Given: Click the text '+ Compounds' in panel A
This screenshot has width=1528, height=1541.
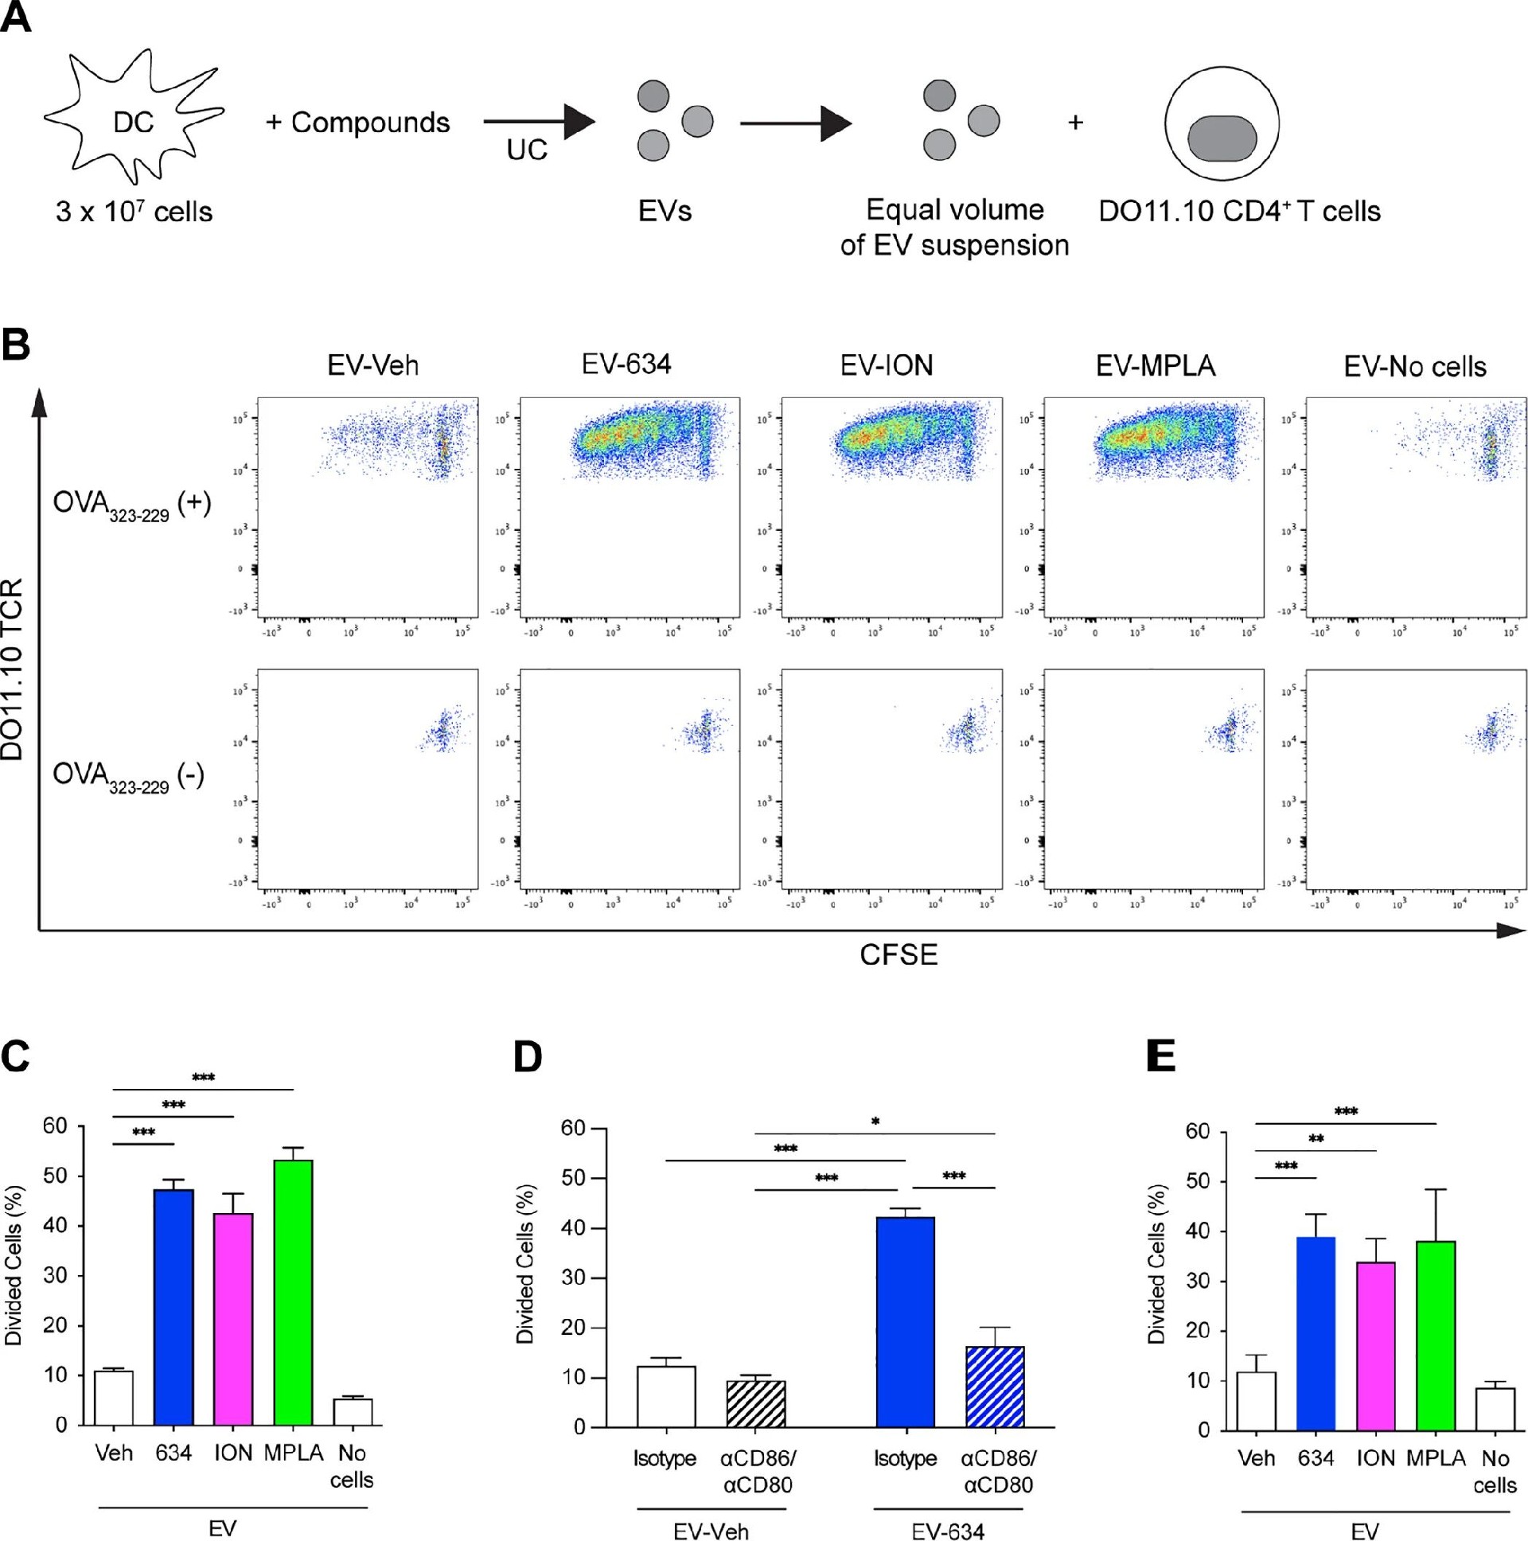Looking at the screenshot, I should (358, 123).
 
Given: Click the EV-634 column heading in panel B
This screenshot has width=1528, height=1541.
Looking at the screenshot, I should (626, 365).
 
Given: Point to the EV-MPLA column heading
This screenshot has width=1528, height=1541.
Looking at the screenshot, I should (1155, 365).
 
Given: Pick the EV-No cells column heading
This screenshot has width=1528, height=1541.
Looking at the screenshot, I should (1415, 366).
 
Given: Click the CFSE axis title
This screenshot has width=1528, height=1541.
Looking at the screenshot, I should (898, 954).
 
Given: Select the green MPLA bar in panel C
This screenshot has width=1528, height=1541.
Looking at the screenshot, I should (294, 1292).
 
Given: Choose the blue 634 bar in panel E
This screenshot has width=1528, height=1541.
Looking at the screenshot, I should (1316, 1332).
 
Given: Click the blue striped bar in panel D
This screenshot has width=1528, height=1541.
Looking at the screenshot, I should (995, 1387).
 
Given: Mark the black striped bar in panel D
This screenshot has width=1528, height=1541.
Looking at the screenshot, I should (756, 1404).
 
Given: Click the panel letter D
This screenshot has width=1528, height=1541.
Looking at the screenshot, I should (527, 1058).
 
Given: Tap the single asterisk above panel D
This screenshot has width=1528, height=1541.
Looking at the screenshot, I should (875, 1122).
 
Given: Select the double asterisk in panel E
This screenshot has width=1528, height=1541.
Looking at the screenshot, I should (1316, 1139).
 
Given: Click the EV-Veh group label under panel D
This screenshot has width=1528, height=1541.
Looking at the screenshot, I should (711, 1531).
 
